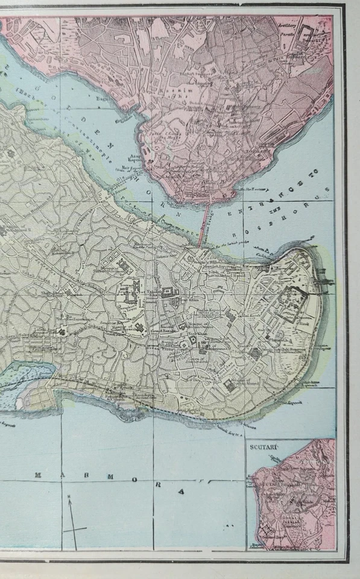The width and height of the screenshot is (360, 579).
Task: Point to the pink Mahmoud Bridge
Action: (x=204, y=224)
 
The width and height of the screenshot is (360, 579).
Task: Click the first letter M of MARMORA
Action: (x=38, y=475)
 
